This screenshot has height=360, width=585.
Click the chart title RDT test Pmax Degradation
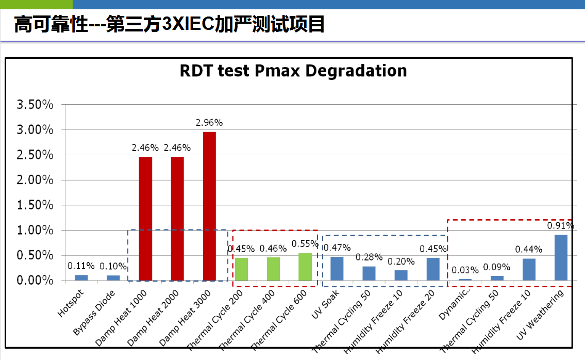pyautogui.click(x=293, y=71)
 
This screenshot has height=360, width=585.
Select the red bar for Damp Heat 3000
pyautogui.click(x=209, y=206)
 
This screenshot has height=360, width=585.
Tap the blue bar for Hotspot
pyautogui.click(x=81, y=277)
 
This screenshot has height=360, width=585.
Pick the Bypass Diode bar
pyautogui.click(x=113, y=277)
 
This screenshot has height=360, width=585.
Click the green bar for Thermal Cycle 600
pyautogui.click(x=305, y=267)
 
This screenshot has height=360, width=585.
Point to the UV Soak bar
pyautogui.click(x=337, y=268)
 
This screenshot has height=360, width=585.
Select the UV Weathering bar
pyautogui.click(x=561, y=257)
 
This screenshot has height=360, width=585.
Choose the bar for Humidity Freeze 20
pyautogui.click(x=433, y=269)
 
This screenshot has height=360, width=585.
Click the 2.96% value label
pyautogui.click(x=209, y=123)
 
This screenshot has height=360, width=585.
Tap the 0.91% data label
pyautogui.click(x=561, y=225)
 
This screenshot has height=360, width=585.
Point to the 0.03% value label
pyautogui.click(x=465, y=270)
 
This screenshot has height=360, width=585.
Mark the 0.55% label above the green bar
pyautogui.click(x=305, y=243)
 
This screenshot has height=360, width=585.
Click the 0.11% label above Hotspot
pyautogui.click(x=81, y=266)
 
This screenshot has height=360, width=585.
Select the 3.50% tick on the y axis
pyautogui.click(x=36, y=105)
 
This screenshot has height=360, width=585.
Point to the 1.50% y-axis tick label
pyautogui.click(x=36, y=205)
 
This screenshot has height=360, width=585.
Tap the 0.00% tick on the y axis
pyautogui.click(x=36, y=281)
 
